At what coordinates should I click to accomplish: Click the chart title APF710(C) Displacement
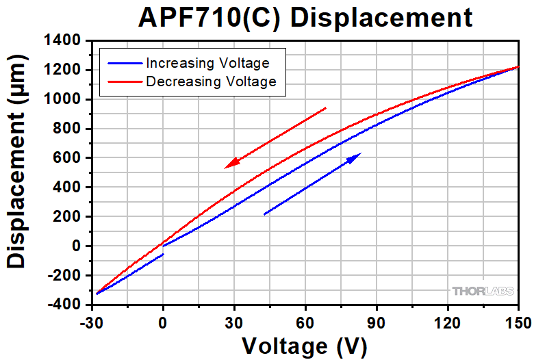(305, 17)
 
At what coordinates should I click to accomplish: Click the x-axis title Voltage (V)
(305, 345)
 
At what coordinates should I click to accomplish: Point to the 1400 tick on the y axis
(61, 41)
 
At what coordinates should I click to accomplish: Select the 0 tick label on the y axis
(77, 246)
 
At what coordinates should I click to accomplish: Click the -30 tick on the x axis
(91, 321)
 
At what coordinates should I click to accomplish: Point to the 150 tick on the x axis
(518, 321)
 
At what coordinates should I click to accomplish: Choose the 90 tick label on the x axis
(376, 321)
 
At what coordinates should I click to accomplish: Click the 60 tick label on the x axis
(305, 321)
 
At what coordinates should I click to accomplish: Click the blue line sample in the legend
(123, 63)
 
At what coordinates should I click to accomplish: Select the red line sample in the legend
(123, 81)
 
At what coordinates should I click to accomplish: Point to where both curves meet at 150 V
(518, 67)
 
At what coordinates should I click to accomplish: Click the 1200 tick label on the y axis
(61, 70)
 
